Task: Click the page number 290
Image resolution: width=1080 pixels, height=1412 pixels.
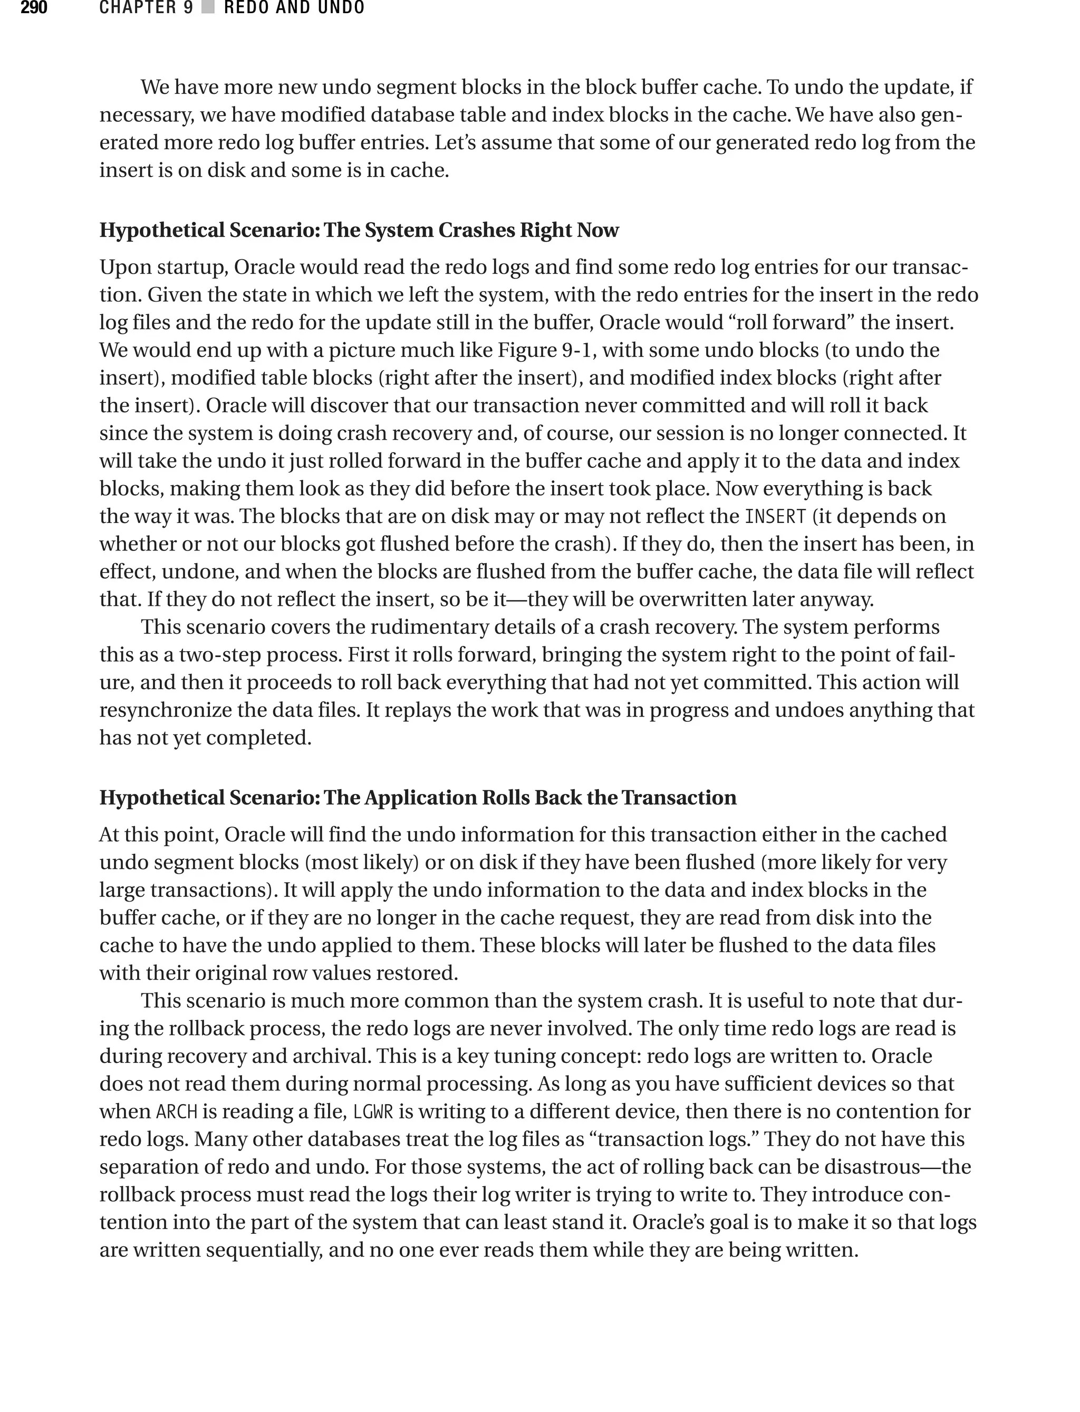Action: click(33, 8)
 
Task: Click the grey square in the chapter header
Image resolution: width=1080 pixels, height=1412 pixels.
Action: click(207, 8)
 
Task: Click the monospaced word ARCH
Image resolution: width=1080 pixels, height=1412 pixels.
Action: click(176, 1111)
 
